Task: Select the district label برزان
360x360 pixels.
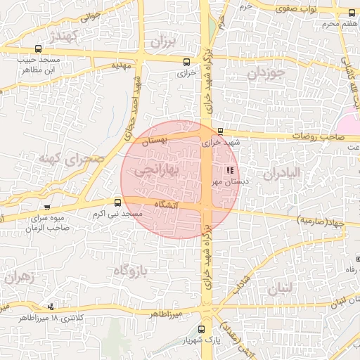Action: [160, 42]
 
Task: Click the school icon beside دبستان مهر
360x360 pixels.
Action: [228, 170]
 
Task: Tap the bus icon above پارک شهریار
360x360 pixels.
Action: [202, 329]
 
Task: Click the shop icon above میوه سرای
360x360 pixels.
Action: [47, 207]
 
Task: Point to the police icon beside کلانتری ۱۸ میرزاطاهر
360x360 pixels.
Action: [50, 307]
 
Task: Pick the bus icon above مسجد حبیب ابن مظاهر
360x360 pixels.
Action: [37, 49]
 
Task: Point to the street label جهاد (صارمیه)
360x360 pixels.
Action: [321, 221]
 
